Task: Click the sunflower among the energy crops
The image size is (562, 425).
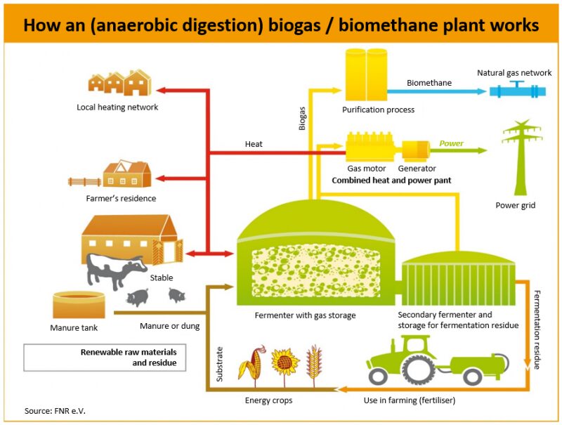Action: (x=284, y=362)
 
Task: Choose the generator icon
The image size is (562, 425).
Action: (x=415, y=149)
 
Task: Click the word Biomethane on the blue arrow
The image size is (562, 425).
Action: (x=429, y=83)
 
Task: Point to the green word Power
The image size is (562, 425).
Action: (x=451, y=143)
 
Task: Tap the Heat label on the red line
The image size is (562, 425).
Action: (x=254, y=144)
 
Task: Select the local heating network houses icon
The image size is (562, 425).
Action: (x=119, y=83)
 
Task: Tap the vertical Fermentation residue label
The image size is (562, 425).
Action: (x=537, y=322)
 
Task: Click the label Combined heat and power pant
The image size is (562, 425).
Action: (x=391, y=181)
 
